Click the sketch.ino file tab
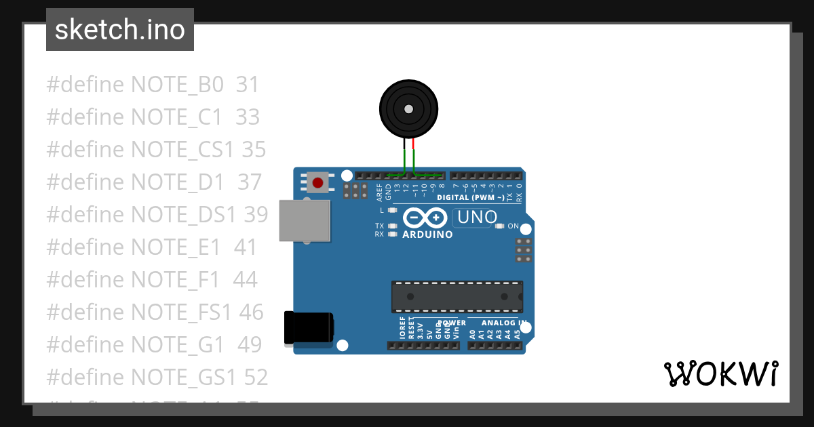point(120,30)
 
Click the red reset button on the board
point(317,182)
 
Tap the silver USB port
point(305,220)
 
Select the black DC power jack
point(309,327)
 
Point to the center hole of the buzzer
point(408,109)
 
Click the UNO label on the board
point(477,218)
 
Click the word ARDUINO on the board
point(427,235)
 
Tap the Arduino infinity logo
point(425,218)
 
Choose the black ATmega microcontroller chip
point(457,296)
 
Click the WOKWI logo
point(720,373)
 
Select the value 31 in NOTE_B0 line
point(248,85)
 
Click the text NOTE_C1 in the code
point(176,117)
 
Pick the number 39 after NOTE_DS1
point(256,214)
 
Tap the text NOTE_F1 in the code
point(175,279)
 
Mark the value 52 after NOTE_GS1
point(256,377)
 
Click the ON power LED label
point(513,226)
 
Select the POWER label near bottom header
point(452,323)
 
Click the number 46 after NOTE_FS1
point(251,312)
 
